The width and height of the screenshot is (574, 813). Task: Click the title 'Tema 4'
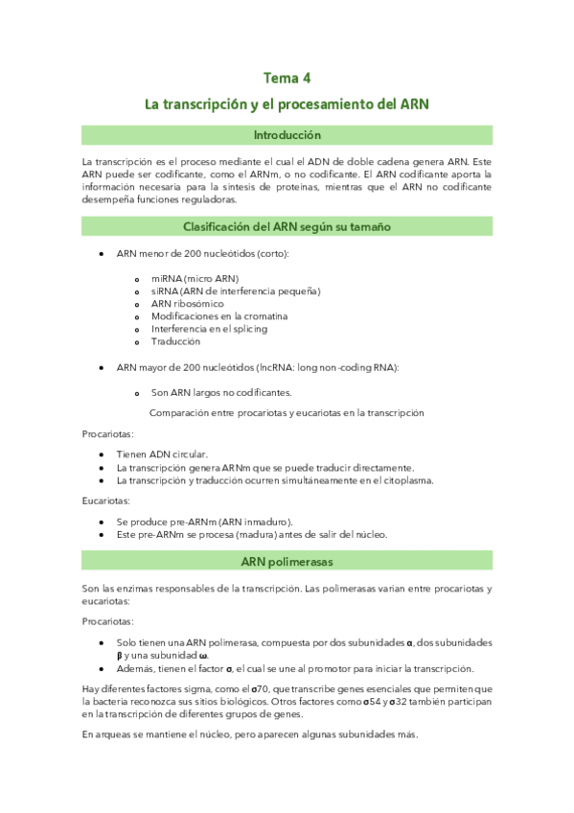(287, 78)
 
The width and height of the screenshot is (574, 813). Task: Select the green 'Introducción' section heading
(287, 135)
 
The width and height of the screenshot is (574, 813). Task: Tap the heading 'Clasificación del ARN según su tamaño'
(287, 226)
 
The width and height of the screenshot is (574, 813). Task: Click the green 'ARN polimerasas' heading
(287, 560)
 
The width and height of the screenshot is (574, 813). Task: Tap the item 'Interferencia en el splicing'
(209, 329)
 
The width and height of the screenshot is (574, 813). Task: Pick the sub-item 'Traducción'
(175, 341)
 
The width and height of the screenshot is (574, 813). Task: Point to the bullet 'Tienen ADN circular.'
(162, 454)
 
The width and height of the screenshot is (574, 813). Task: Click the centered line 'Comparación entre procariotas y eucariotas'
(287, 413)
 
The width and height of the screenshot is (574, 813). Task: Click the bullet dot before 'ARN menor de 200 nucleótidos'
(102, 253)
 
